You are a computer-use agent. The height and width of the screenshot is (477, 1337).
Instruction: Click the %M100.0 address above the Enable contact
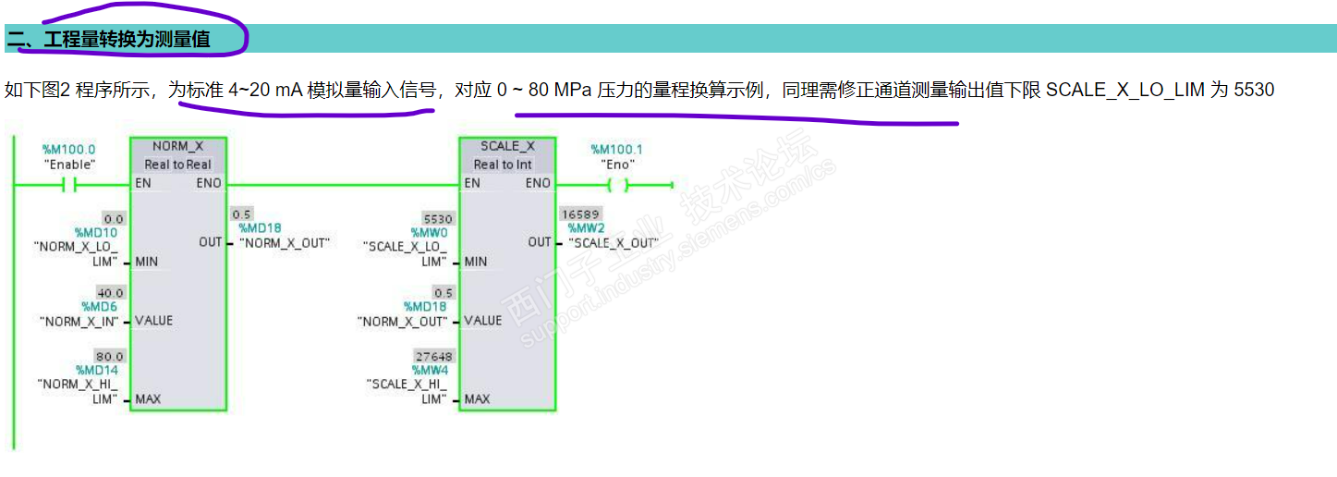69,149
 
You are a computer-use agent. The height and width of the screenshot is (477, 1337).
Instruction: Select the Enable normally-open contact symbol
69,185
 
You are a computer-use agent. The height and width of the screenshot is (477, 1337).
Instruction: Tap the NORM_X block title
177,146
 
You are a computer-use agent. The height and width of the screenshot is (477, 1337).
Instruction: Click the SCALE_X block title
506,146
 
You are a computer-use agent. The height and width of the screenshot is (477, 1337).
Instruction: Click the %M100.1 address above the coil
617,149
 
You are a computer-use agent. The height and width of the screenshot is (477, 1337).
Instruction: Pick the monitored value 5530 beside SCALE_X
438,219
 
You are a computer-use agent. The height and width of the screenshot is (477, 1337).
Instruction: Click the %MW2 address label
586,228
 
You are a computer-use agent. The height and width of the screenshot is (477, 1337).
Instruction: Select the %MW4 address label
430,370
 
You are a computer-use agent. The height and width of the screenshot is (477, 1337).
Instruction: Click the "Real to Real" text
177,165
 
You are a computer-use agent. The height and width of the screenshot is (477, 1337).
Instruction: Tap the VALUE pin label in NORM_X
153,321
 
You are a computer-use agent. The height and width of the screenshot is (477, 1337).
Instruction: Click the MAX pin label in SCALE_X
477,399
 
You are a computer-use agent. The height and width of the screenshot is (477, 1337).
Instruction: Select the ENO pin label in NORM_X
209,183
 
